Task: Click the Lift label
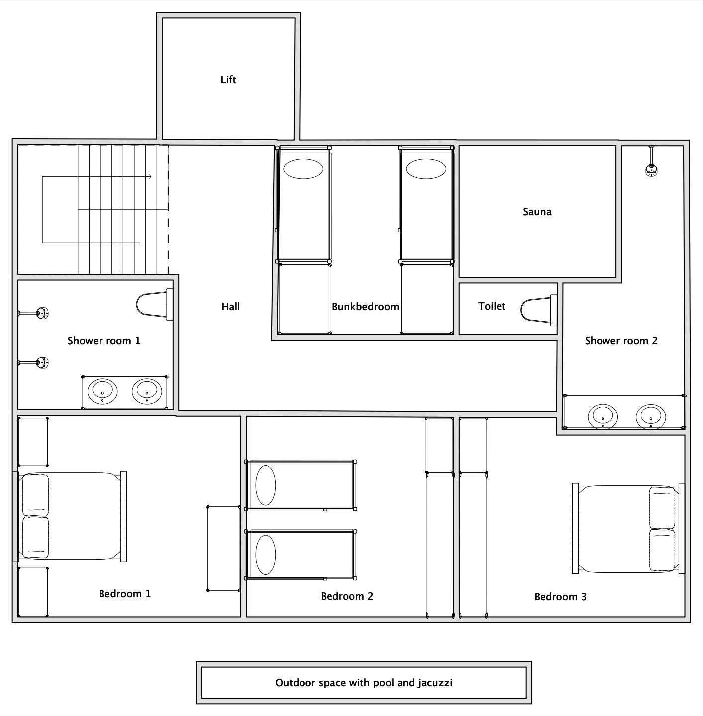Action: click(228, 80)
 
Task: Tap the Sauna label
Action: click(537, 212)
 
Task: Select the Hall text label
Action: click(231, 307)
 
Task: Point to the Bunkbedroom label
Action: click(365, 307)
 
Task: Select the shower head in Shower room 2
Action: click(651, 170)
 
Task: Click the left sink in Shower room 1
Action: click(103, 391)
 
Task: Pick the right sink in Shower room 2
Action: click(651, 416)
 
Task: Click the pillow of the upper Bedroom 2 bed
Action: click(266, 485)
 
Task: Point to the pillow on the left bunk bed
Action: click(303, 169)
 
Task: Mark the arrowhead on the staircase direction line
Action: click(149, 177)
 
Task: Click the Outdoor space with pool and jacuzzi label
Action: click(364, 683)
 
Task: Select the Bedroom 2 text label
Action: click(347, 596)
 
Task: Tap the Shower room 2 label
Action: click(621, 341)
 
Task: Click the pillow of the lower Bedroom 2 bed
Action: click(266, 555)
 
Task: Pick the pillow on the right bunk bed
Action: click(426, 169)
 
